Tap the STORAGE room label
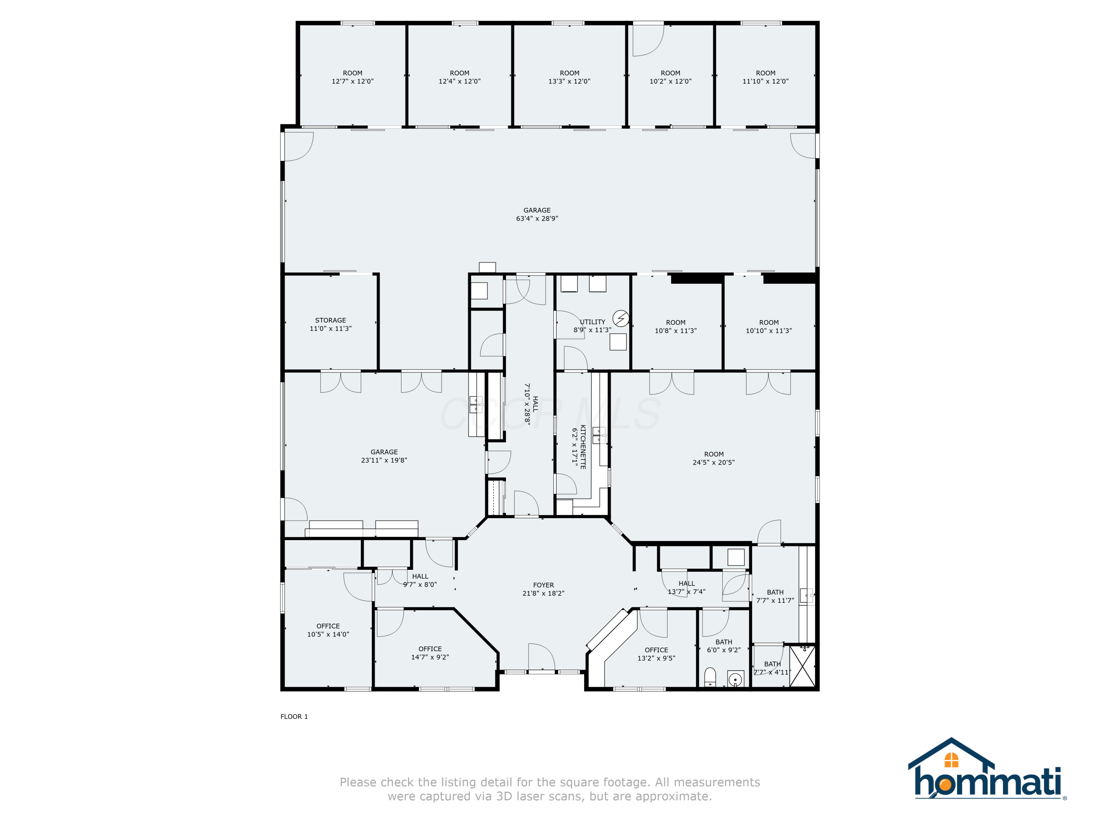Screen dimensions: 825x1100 click(x=330, y=320)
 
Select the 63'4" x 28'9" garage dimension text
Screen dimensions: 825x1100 click(x=537, y=218)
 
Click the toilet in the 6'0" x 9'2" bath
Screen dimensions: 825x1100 click(x=710, y=677)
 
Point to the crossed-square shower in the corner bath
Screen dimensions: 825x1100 click(x=802, y=666)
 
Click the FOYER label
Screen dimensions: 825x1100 click(x=543, y=585)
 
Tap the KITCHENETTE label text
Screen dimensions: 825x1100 click(x=583, y=447)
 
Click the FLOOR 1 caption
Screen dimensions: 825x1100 click(x=294, y=716)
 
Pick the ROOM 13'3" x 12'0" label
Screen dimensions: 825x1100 click(x=569, y=77)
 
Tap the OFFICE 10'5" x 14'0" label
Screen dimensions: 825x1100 click(x=328, y=630)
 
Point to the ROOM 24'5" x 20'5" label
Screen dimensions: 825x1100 click(x=714, y=458)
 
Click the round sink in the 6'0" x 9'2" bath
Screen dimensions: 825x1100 click(x=735, y=679)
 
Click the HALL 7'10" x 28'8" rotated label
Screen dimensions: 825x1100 click(x=531, y=404)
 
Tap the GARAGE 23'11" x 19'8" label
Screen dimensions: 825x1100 click(x=384, y=456)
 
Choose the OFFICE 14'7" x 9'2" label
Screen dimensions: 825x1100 click(x=430, y=653)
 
